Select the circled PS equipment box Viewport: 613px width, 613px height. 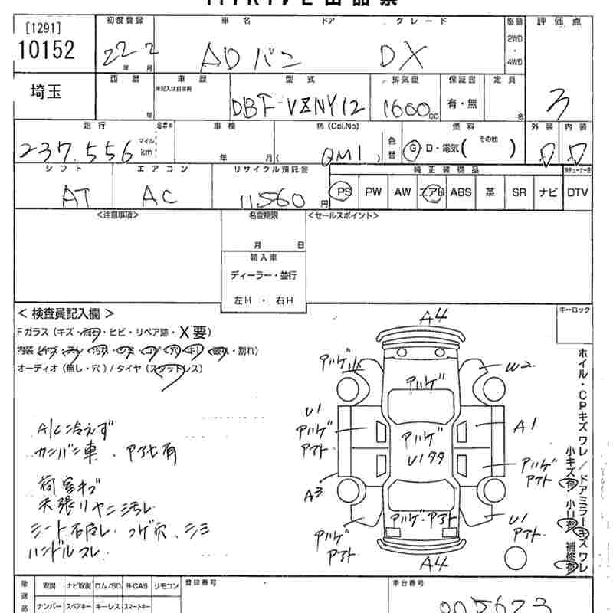(344, 192)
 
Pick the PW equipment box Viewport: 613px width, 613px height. (373, 192)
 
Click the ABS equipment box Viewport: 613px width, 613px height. (461, 192)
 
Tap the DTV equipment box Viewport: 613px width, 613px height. (577, 192)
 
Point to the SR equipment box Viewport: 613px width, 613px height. (519, 192)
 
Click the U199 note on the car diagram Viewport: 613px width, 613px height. (423, 460)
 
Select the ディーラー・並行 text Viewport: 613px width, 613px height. (263, 275)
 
